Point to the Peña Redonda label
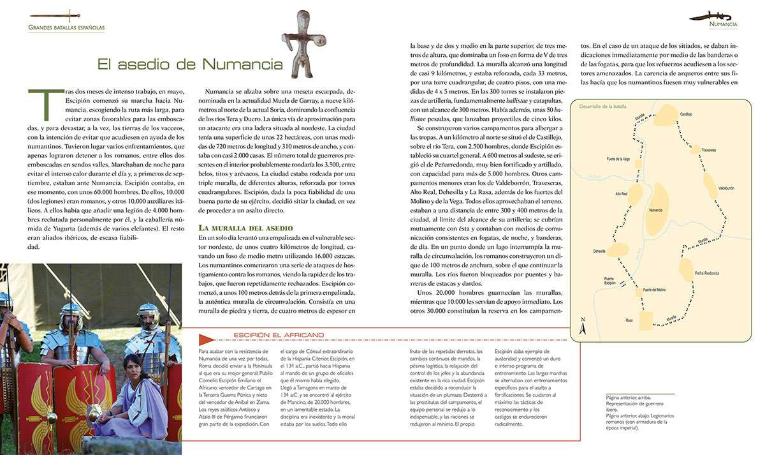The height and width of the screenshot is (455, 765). tap(707, 273)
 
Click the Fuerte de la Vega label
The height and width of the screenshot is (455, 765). tap(619, 158)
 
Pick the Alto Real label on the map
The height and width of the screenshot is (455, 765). tap(621, 193)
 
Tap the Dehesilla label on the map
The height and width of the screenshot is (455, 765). tap(599, 251)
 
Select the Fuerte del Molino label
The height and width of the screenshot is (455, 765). tap(654, 290)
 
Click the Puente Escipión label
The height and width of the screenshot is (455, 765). tap(610, 281)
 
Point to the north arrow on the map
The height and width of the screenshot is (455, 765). tap(582, 326)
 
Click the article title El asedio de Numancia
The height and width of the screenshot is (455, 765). tap(190, 64)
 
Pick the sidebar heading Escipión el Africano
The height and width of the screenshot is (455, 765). tap(278, 335)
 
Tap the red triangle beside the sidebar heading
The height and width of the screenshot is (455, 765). tap(205, 339)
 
